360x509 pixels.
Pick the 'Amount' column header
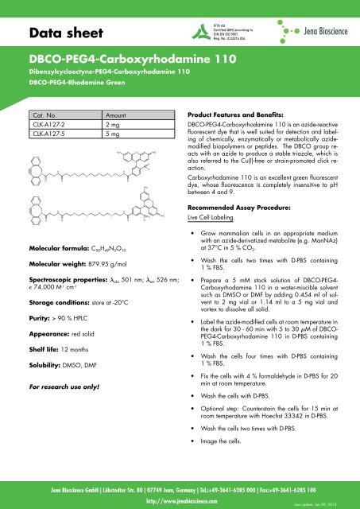[117, 115]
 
